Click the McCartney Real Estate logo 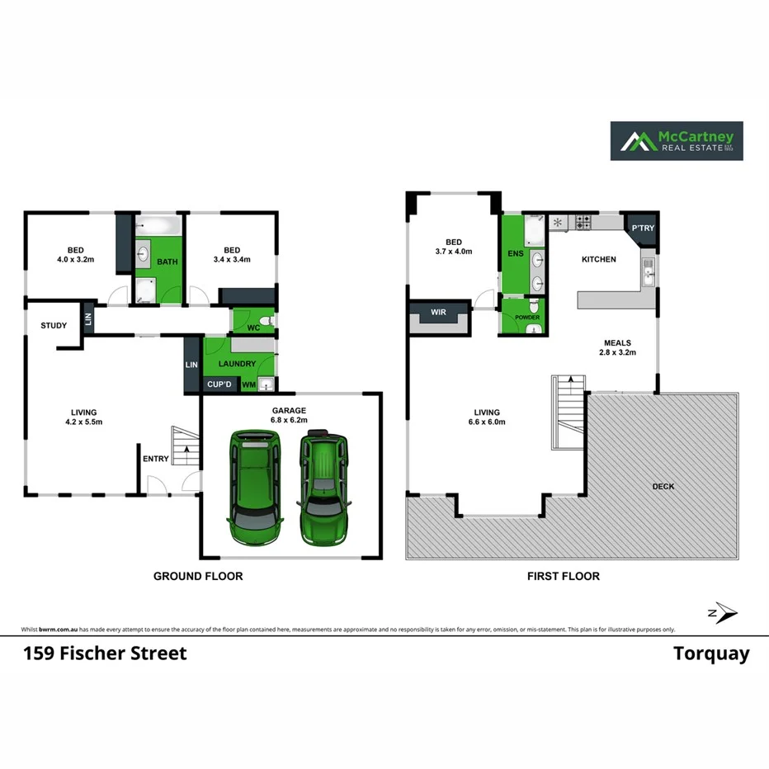(676, 141)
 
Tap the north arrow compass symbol (724, 612)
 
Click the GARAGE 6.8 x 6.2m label (290, 415)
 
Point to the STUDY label (54, 326)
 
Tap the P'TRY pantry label (640, 229)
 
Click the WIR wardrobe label (438, 312)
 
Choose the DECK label (663, 487)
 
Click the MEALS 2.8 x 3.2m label (617, 347)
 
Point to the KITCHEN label (599, 260)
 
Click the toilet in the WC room (265, 321)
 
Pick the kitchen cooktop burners (583, 223)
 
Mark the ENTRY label (156, 459)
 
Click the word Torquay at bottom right (711, 654)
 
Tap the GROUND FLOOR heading (198, 576)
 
